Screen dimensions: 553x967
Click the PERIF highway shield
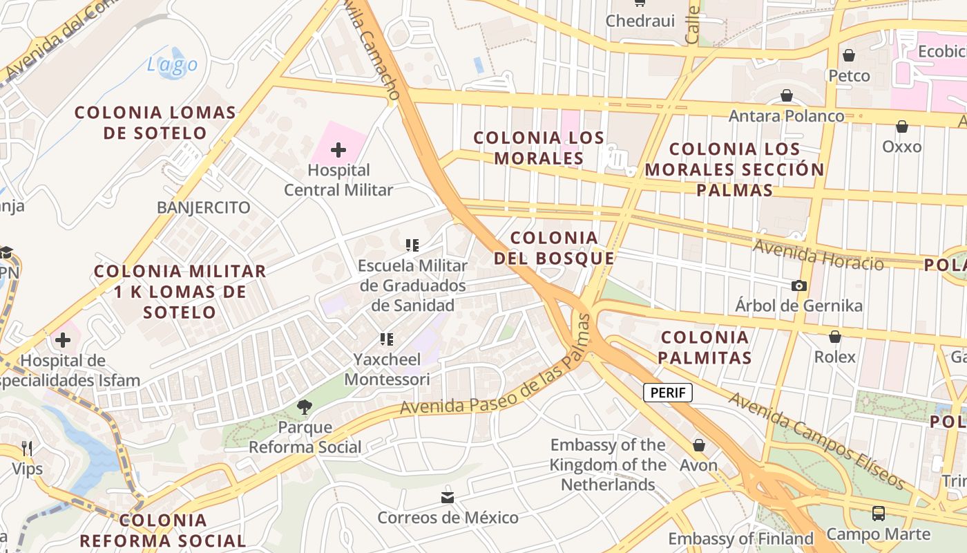pos(668,393)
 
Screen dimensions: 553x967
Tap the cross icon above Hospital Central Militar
pos(338,149)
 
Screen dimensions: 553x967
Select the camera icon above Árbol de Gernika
pos(799,285)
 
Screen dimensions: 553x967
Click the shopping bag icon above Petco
pos(849,55)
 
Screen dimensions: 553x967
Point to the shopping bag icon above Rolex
pos(835,337)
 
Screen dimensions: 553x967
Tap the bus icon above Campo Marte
pos(878,514)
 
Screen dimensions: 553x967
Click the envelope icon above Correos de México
pos(448,497)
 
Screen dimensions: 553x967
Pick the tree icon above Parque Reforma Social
pos(305,407)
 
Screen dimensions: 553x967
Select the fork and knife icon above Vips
pos(27,449)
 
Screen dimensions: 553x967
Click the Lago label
pos(172,65)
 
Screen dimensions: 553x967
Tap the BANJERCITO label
pos(203,207)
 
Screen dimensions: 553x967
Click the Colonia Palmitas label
pos(705,347)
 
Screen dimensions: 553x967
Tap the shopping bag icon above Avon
pos(699,445)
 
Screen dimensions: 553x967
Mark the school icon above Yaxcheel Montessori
pos(387,339)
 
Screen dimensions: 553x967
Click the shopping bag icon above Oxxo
pos(901,126)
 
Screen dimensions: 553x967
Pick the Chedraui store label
pos(640,21)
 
